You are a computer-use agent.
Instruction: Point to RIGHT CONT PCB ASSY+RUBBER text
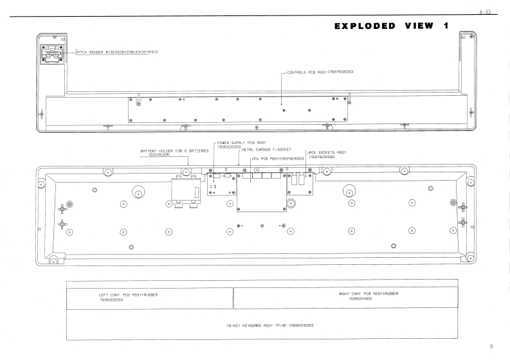pyautogui.click(x=369, y=293)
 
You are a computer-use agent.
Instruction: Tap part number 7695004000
pyautogui.click(x=361, y=298)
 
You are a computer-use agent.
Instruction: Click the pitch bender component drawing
pyautogui.click(x=51, y=54)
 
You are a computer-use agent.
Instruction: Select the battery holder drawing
pyautogui.click(x=183, y=192)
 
